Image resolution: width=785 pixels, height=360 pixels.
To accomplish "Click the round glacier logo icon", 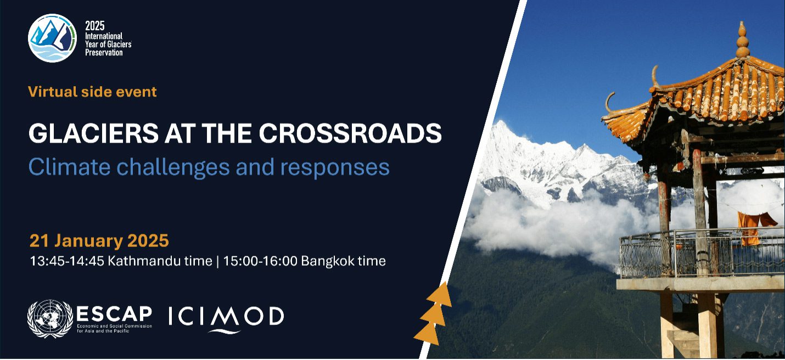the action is tap(52, 38).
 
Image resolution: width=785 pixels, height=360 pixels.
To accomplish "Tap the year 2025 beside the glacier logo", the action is tap(94, 26).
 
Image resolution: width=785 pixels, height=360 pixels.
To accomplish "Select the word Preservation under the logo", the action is tap(104, 53).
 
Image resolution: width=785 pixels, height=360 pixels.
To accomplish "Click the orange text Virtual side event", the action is tap(93, 92).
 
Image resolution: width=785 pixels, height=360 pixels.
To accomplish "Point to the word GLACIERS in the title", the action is tap(93, 133).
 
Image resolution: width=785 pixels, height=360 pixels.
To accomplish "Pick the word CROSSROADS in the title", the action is tap(350, 133).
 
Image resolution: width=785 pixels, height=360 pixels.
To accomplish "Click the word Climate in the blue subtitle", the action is tap(69, 167).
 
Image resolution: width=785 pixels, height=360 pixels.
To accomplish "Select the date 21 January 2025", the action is tap(99, 241).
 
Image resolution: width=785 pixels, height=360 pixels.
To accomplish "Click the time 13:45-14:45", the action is tap(67, 261).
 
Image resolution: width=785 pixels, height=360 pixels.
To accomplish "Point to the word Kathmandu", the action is tap(160, 261).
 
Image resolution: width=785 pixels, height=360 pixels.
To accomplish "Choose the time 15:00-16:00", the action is tap(260, 261).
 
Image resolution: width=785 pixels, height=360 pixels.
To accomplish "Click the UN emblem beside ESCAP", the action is tap(50, 319).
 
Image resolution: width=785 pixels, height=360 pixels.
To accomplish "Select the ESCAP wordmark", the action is tap(114, 314).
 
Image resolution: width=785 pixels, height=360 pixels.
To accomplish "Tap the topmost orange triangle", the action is tap(440, 294).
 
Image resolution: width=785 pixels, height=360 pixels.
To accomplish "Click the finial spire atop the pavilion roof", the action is tap(742, 39).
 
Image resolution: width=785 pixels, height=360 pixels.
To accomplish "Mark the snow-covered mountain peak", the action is tap(502, 127).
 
